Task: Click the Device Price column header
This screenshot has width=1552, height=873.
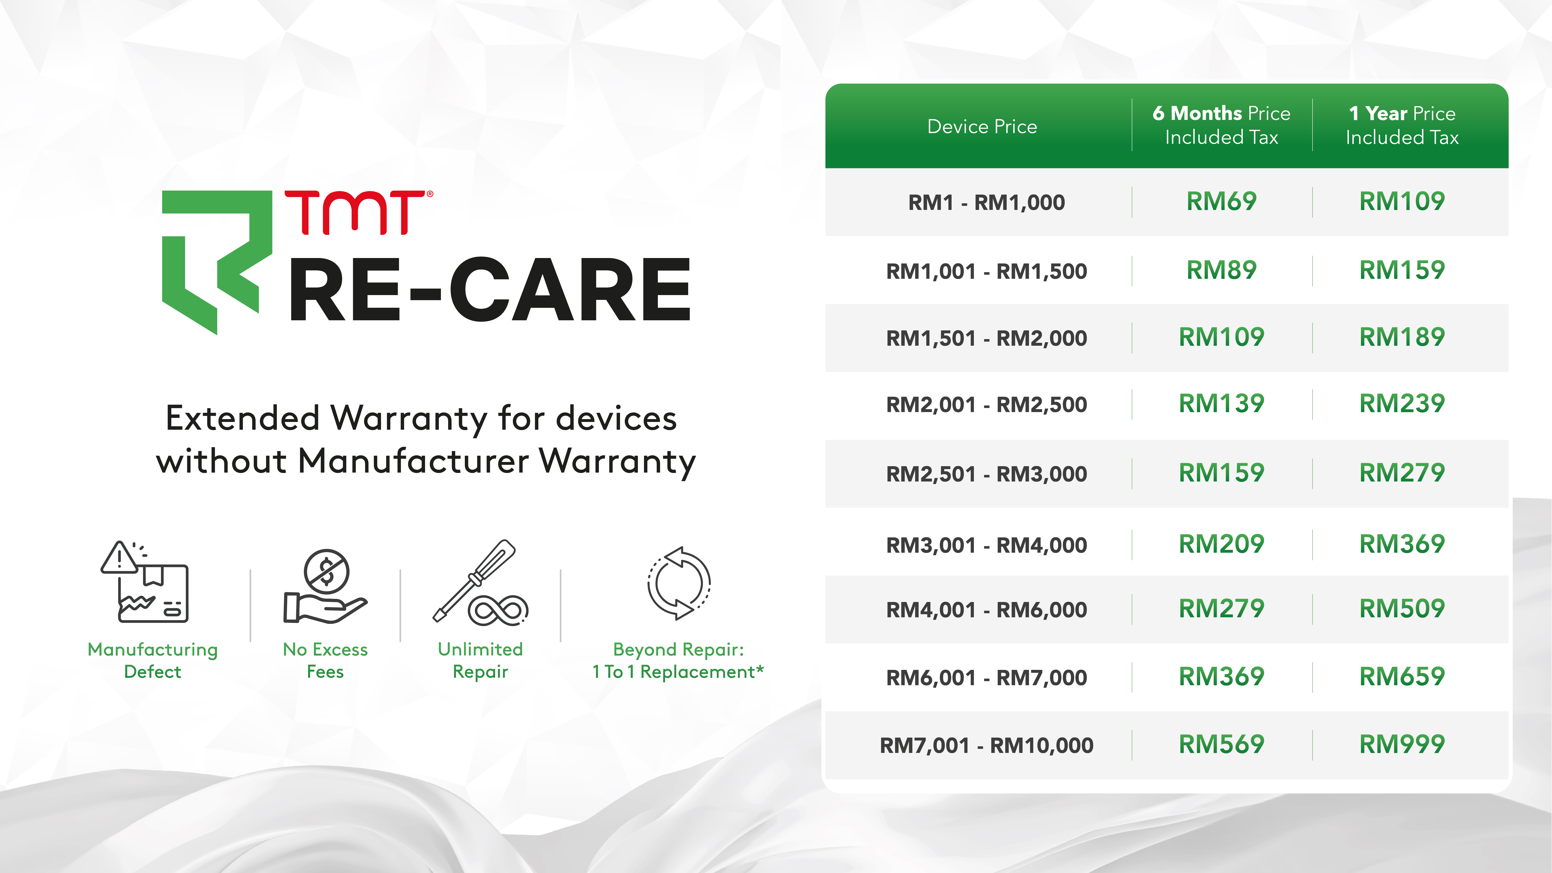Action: point(982,126)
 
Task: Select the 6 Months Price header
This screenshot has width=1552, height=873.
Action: point(1221,125)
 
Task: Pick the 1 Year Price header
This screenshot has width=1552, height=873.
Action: point(1402,125)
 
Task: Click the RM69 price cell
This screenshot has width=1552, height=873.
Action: point(1221,201)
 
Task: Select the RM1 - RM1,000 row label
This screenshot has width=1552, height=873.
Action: point(986,202)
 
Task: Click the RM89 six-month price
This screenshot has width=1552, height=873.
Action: point(1221,270)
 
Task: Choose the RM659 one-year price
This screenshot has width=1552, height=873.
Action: point(1402,677)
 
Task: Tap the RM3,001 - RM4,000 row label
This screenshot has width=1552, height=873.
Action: point(986,545)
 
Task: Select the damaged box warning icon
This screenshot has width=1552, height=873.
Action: point(145,581)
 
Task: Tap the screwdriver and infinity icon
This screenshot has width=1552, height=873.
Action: point(480,582)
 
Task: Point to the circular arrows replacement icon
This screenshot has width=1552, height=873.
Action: point(679,583)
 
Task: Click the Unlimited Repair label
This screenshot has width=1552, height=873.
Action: point(480,660)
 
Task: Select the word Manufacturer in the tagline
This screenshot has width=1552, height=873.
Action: point(413,462)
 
